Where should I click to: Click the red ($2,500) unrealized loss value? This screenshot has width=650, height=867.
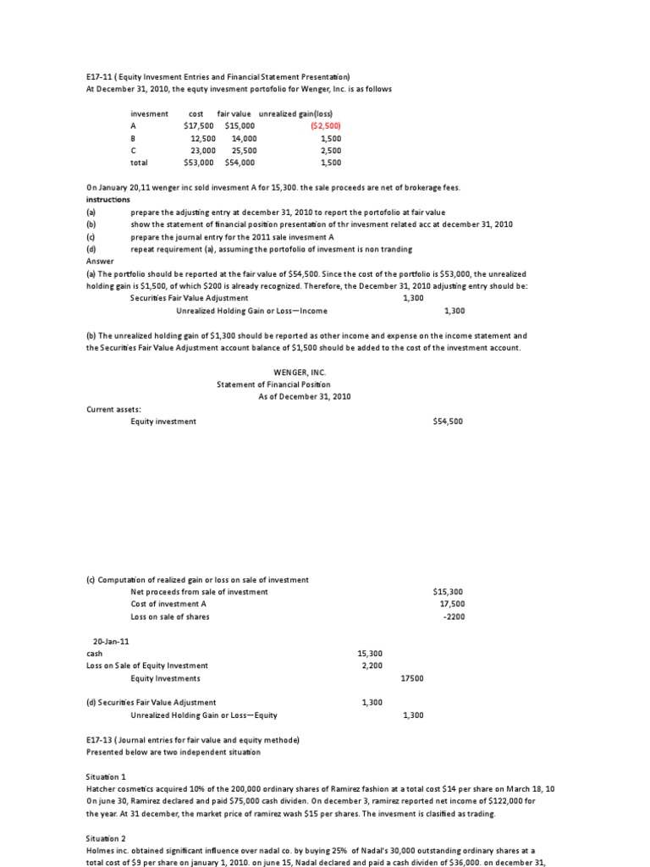click(x=326, y=125)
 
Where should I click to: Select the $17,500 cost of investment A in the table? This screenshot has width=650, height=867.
click(x=200, y=125)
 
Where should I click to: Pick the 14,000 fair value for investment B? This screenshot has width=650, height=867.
click(x=244, y=138)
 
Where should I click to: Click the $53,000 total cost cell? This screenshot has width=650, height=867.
click(x=200, y=163)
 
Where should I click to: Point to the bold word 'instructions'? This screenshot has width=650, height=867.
click(x=108, y=199)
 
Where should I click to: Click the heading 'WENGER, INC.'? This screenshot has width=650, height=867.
click(x=300, y=372)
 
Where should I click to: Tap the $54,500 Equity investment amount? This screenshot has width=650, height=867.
click(x=448, y=421)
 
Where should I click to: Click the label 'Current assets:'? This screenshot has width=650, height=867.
click(x=114, y=409)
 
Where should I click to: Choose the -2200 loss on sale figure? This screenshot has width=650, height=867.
click(x=454, y=616)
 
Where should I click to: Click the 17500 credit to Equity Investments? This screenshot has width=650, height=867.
click(x=412, y=678)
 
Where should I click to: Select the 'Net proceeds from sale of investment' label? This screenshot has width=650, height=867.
click(x=199, y=592)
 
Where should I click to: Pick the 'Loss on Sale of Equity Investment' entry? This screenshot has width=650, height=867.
click(x=147, y=665)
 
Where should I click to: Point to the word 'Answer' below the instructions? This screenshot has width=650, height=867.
click(x=100, y=262)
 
